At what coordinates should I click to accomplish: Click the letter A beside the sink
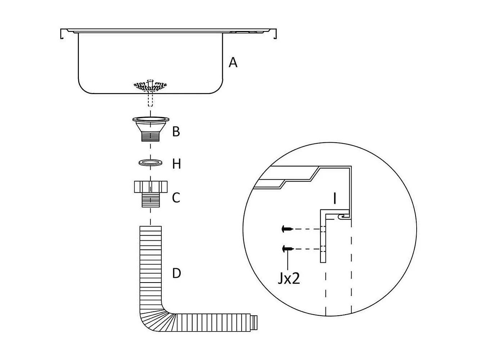tap(233, 63)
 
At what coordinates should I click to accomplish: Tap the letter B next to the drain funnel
tap(176, 132)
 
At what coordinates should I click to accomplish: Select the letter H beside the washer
tap(176, 164)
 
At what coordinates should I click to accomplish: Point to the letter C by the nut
tap(176, 197)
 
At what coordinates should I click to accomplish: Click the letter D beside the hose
tap(176, 273)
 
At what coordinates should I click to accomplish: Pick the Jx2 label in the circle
tap(288, 279)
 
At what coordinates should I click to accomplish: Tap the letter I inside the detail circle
tap(335, 198)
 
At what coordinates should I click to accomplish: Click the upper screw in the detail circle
tap(287, 228)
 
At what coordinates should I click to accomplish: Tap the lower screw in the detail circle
tap(287, 248)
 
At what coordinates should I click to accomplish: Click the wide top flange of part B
tap(151, 119)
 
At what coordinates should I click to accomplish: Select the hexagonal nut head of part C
tap(150, 187)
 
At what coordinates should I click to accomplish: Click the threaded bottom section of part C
tap(150, 200)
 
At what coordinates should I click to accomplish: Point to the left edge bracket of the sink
tap(62, 33)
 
